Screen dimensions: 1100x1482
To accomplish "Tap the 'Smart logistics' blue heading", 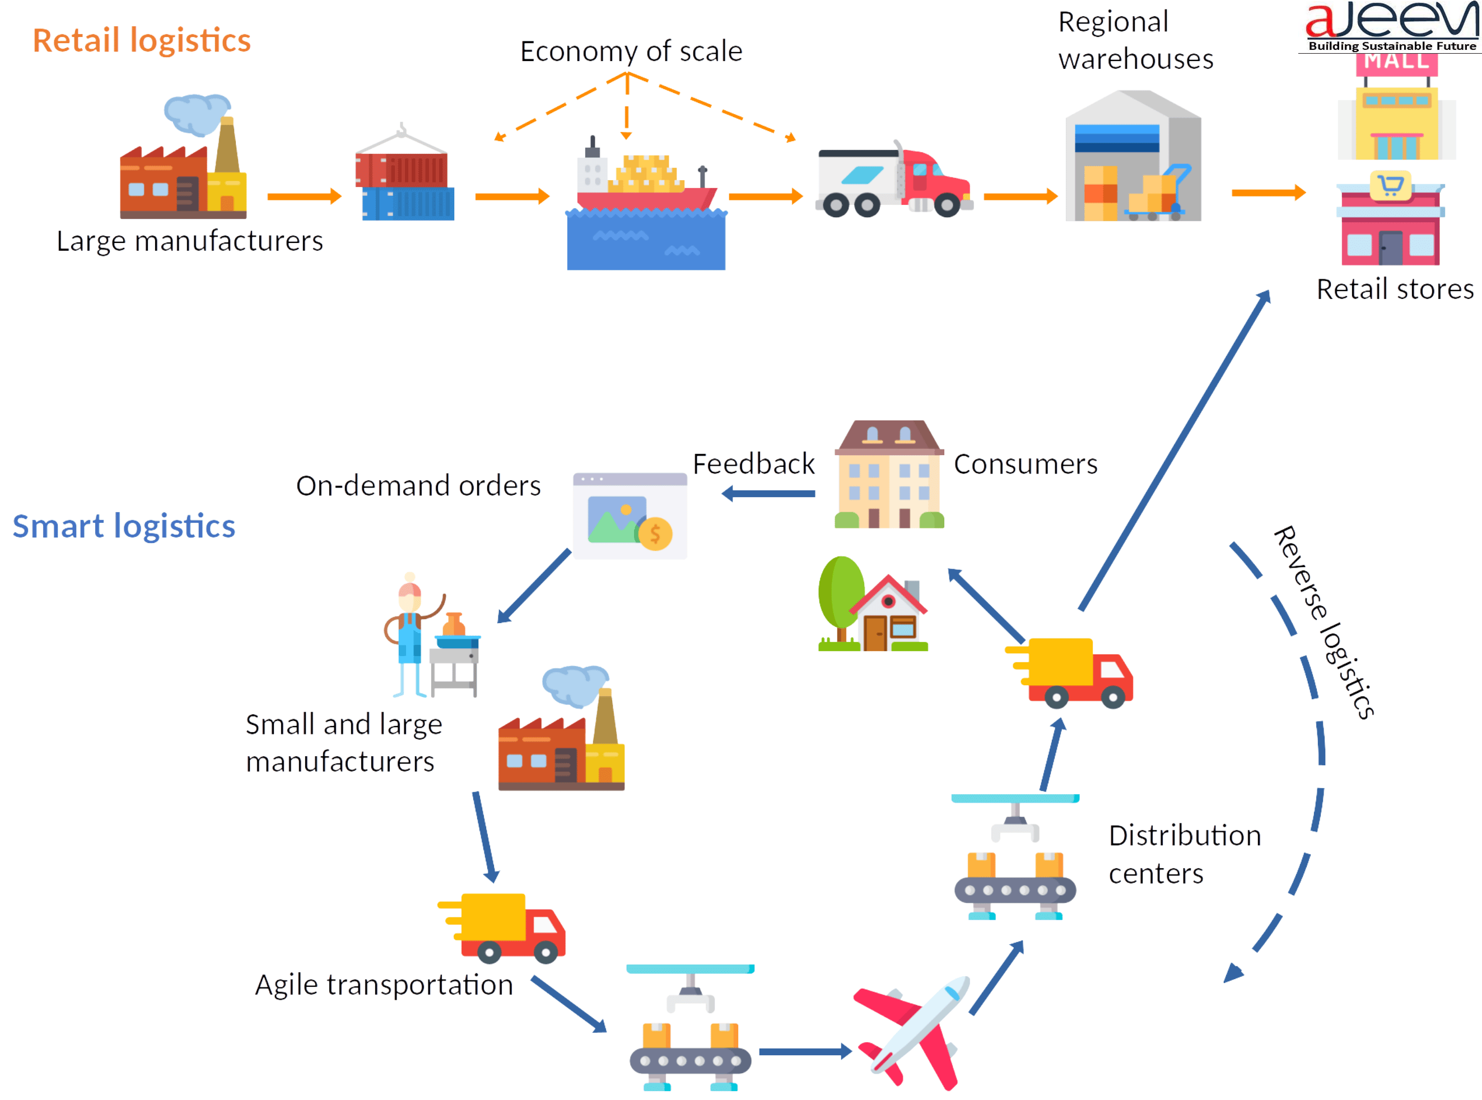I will point(124,526).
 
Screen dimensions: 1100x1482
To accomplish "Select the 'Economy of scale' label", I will point(630,52).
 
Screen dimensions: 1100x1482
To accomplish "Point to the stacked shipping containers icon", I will point(404,180).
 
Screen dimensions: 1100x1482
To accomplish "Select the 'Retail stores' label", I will point(1395,289).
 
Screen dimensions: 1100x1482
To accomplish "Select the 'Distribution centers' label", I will point(1184,854).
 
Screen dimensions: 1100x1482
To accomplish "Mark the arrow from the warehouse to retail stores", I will point(1267,193).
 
